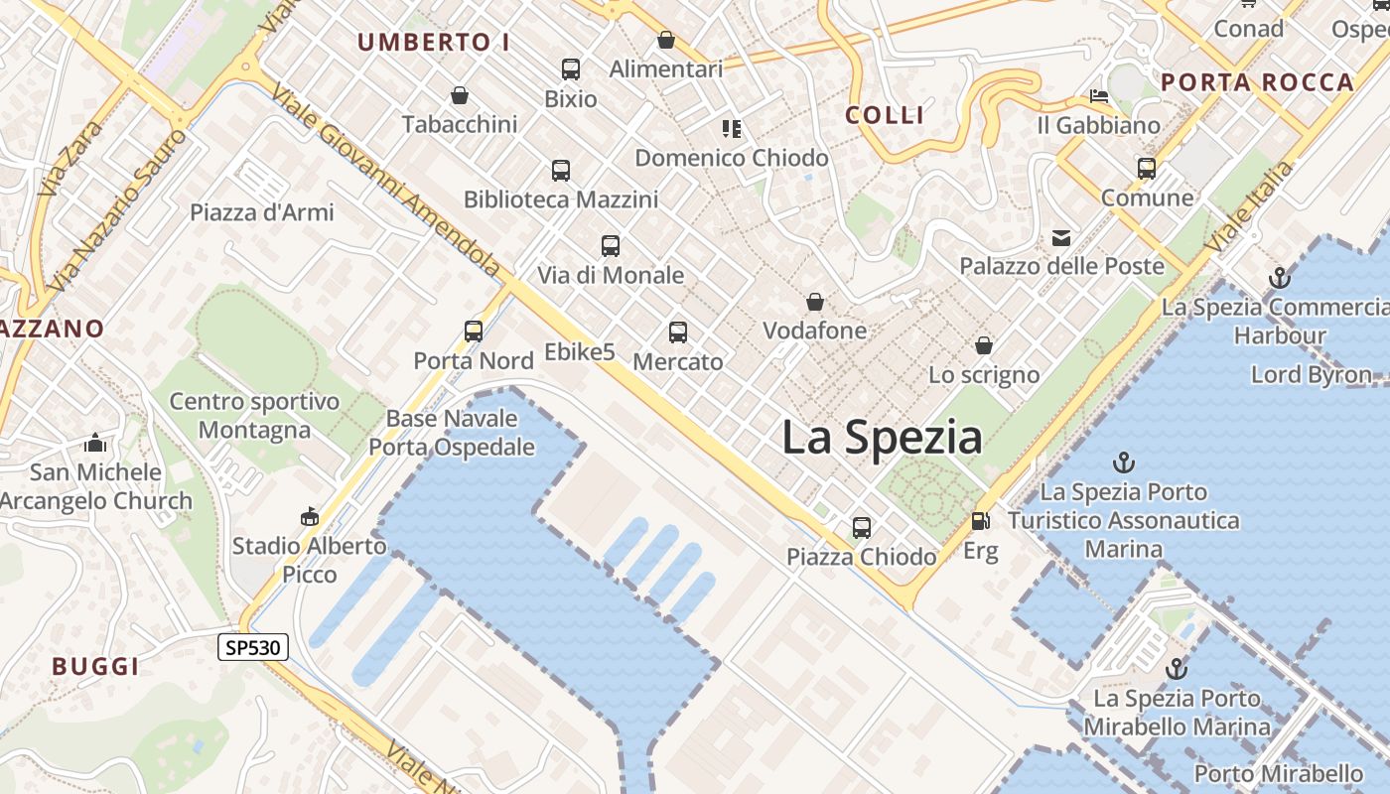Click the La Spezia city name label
tap(882, 438)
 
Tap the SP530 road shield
tap(253, 648)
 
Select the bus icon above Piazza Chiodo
tap(861, 527)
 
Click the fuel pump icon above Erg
tap(980, 520)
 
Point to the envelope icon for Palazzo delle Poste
tap(1061, 237)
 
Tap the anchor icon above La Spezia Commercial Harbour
tap(1279, 278)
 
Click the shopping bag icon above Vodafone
tap(815, 302)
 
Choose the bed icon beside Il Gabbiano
tap(1099, 97)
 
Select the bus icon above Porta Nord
tap(474, 331)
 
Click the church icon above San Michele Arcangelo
tap(95, 443)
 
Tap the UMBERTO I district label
tap(434, 43)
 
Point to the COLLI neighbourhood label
tap(885, 115)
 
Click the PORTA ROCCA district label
tap(1257, 82)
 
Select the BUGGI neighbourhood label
tap(95, 666)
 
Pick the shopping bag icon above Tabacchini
tap(460, 95)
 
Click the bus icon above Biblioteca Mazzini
tap(561, 171)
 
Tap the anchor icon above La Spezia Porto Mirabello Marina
tap(1177, 668)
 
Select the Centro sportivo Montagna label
tap(254, 416)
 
